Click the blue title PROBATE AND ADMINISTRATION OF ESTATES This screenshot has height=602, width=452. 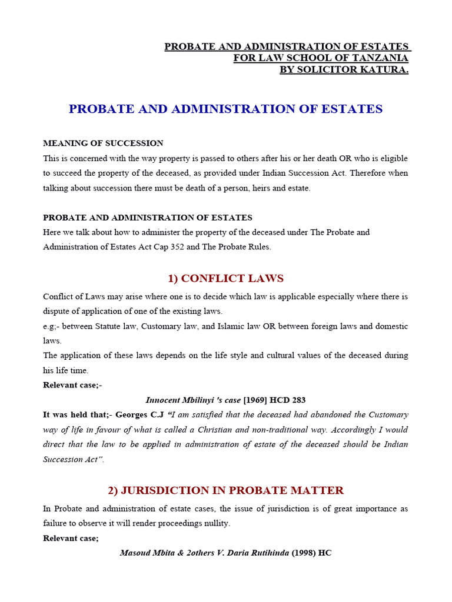pos(226,109)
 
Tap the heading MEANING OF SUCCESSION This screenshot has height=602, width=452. pos(104,143)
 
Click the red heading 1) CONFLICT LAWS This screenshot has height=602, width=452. pos(226,278)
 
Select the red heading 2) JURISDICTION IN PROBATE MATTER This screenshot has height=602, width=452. pos(226,490)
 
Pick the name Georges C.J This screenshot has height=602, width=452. pos(142,415)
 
